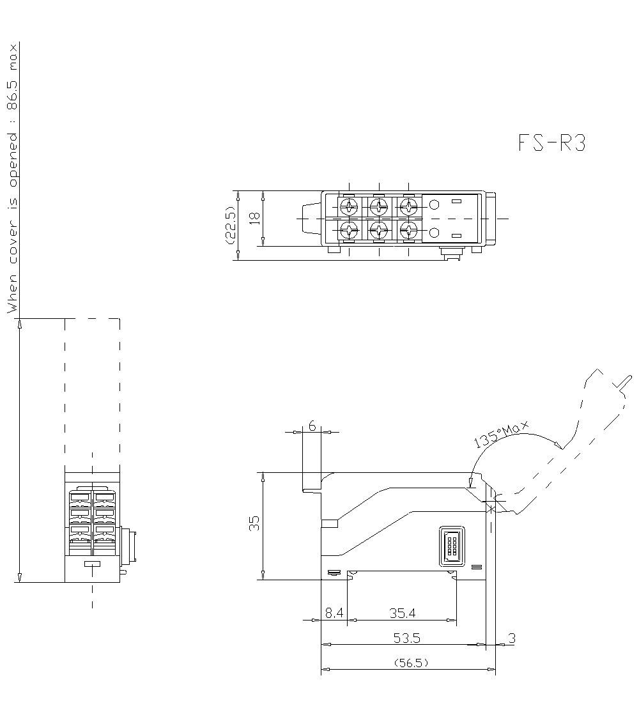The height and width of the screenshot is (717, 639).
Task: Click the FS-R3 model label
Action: (551, 144)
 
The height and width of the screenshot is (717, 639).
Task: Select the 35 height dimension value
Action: (254, 524)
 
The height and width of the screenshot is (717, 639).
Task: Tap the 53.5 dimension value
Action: (407, 638)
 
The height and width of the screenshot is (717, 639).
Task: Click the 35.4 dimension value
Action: (403, 613)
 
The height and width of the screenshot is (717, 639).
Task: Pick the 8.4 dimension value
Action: (334, 613)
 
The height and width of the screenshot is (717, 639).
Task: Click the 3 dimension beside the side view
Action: (511, 638)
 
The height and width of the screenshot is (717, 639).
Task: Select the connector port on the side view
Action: (451, 546)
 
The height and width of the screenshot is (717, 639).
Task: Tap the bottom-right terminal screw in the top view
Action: (408, 231)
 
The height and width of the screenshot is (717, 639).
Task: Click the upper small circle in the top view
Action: (435, 205)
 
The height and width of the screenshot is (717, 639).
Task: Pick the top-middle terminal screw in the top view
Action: (379, 206)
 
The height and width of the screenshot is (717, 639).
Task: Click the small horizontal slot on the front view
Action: (93, 564)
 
